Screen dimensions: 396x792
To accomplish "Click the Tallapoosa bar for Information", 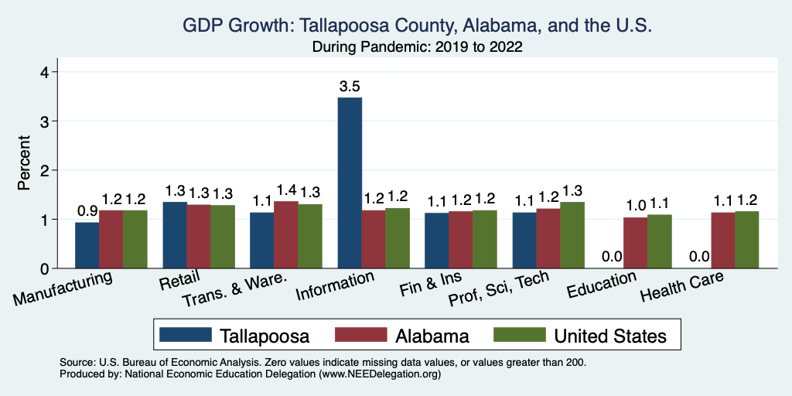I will click(x=350, y=183).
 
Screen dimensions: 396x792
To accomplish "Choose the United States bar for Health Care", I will click(x=747, y=240).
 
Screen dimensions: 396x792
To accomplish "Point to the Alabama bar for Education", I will click(x=636, y=243).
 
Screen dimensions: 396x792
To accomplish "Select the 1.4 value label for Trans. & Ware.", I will click(x=286, y=189).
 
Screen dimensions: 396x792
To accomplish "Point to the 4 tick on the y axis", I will click(x=45, y=72).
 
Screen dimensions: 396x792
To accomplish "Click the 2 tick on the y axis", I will click(x=45, y=170).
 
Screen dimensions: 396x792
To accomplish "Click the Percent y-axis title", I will click(x=24, y=163).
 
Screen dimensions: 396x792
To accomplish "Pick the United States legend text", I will click(x=609, y=336).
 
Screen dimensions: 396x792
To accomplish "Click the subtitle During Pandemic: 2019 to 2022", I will click(x=418, y=47).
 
